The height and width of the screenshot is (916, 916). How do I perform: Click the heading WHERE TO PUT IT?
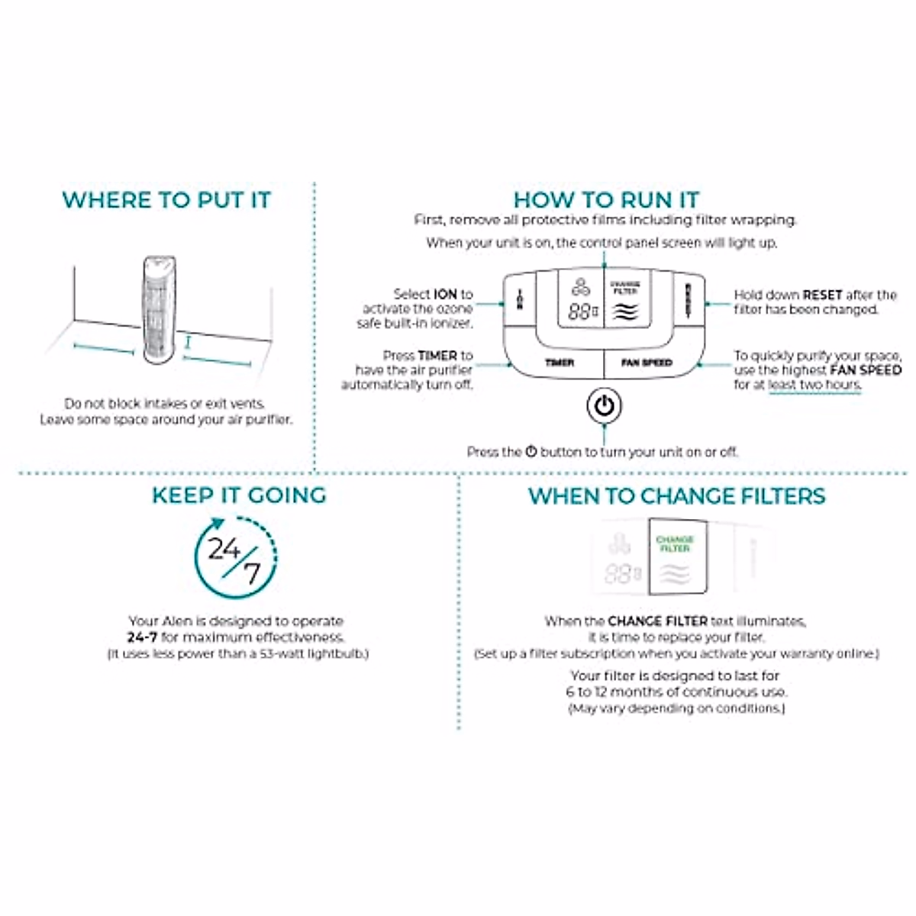pos(166,200)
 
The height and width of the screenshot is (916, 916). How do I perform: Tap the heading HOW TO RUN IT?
pos(606,200)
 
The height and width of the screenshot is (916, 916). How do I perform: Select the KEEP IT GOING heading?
pos(239,495)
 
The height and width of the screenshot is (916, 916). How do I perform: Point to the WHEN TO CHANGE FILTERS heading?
pos(676,496)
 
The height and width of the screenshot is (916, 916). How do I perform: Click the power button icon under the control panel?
pos(604,406)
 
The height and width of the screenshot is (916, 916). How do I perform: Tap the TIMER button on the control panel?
pos(559,363)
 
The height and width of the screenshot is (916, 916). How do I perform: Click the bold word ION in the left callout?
pos(446,294)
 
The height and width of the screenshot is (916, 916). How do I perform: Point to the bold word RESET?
pos(822,295)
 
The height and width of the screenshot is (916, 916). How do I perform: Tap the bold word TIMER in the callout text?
pos(437,356)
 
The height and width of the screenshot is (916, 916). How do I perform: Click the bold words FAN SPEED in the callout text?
pos(865,370)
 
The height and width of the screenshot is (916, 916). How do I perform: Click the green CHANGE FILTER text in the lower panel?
pos(675,544)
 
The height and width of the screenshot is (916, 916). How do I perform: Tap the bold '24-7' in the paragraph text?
pos(142,637)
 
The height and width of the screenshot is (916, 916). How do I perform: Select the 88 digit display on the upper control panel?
pos(580,311)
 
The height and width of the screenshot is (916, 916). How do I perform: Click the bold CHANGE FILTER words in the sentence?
pos(657,621)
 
